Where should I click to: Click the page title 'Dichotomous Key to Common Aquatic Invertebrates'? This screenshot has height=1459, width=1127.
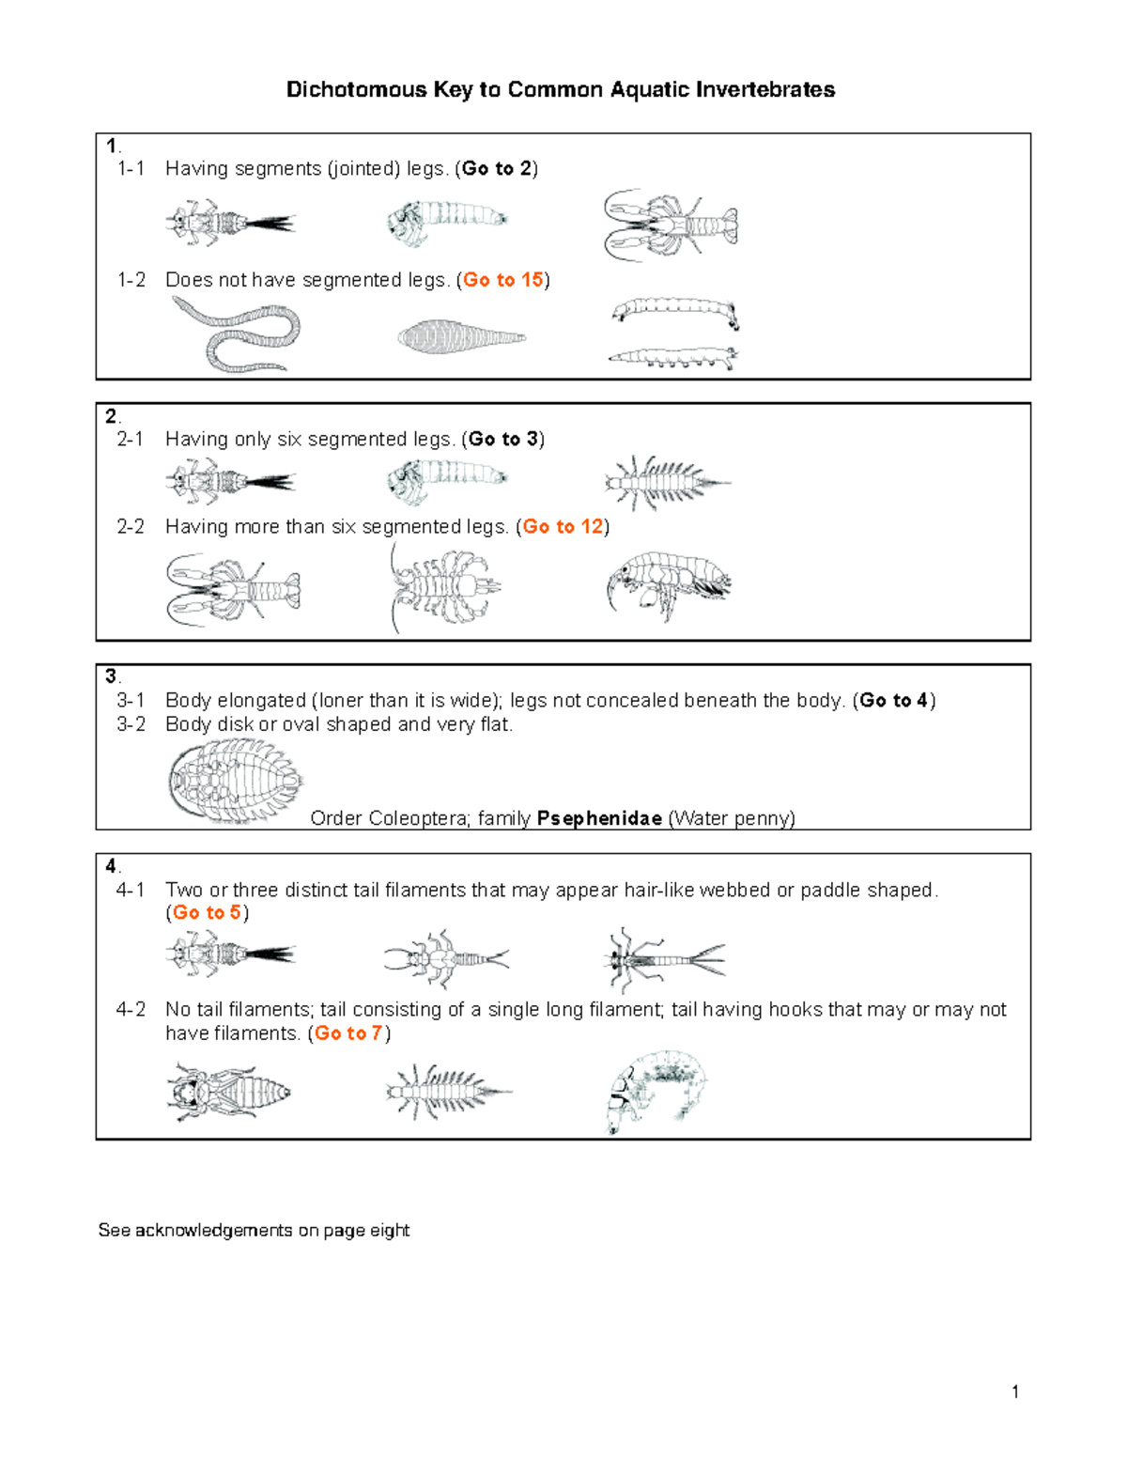pos(560,90)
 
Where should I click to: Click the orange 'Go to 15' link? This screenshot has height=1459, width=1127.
pos(503,280)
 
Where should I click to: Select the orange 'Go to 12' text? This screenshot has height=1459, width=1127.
pos(563,527)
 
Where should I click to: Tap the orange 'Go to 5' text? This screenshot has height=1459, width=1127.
pos(207,913)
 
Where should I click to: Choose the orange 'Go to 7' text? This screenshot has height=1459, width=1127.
pos(348,1033)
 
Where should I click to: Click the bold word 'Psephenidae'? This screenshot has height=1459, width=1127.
pos(599,818)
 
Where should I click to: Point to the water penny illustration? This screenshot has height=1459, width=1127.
pos(235,781)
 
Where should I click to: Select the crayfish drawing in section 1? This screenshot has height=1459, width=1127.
pos(670,225)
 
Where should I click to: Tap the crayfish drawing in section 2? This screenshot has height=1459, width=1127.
pos(233,590)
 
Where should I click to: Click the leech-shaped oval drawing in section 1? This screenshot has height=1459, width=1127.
pos(460,337)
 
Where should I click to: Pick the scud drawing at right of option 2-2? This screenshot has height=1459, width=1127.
pos(668,584)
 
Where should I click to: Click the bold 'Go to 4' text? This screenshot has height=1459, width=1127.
pos(893,701)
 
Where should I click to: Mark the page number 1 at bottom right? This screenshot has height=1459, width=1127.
pos(1015,1391)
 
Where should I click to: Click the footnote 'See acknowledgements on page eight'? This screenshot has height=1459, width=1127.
pos(254,1231)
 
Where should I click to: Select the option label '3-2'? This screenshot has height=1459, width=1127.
pos(131,724)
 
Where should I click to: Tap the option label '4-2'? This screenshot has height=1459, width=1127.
pos(131,1010)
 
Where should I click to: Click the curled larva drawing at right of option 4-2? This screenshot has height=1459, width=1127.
pos(656,1091)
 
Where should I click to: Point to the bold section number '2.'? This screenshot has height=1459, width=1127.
pos(112,416)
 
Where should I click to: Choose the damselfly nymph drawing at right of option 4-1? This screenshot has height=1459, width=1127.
pos(664,960)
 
